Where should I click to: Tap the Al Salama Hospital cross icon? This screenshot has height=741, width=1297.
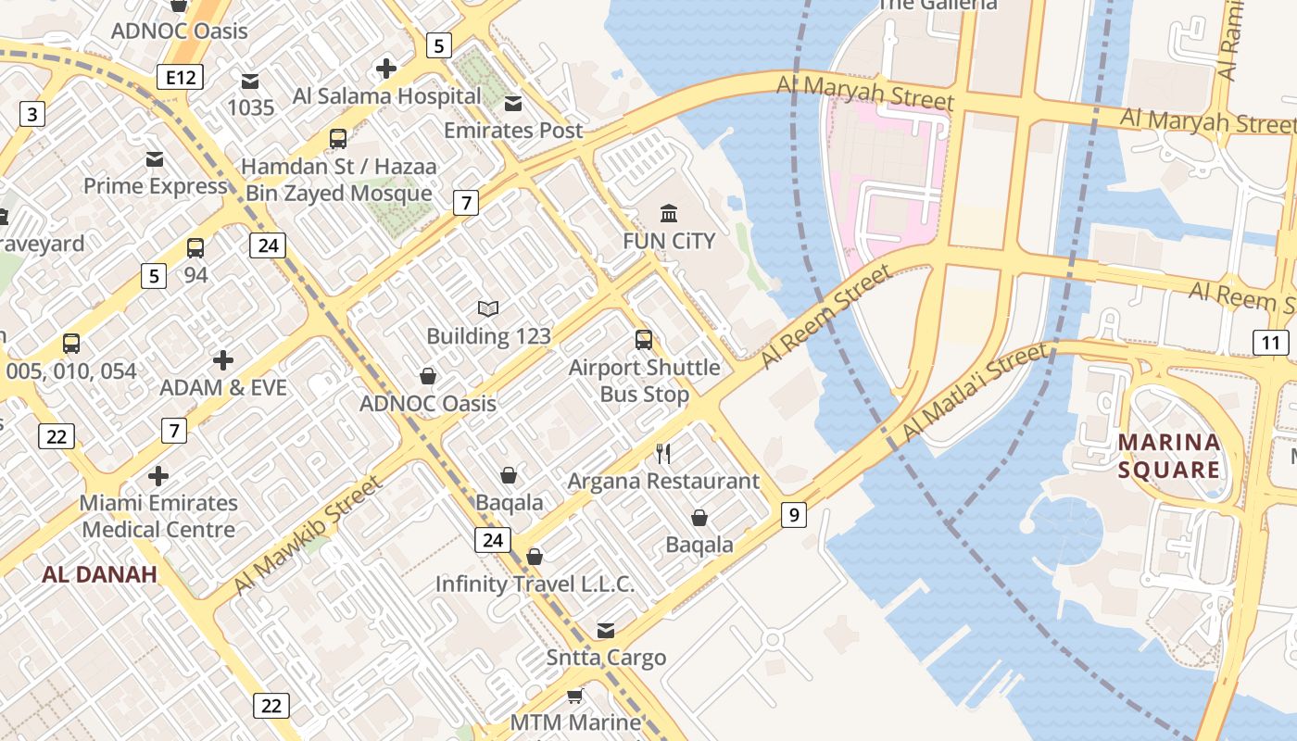point(386,69)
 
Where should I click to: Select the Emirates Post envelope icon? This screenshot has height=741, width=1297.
point(513,103)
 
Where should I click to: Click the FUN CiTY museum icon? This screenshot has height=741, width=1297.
point(669,214)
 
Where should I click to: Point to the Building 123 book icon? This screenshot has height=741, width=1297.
point(488,308)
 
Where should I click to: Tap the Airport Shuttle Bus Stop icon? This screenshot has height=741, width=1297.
point(644,340)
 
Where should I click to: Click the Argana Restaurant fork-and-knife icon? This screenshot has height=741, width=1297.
point(663,453)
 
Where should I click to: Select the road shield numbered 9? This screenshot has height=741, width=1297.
point(794,514)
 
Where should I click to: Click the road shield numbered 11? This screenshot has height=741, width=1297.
point(1271,343)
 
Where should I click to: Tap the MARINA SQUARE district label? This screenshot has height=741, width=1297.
point(1168,456)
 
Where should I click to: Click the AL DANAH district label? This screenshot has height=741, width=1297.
point(99,574)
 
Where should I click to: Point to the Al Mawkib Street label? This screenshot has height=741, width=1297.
point(308,535)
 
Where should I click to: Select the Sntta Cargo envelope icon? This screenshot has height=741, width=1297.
point(606,631)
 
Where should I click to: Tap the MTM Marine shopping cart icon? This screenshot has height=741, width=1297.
point(575,696)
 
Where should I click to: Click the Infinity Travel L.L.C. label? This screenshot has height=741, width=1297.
point(535,584)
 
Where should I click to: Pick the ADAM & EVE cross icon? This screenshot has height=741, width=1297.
point(223,359)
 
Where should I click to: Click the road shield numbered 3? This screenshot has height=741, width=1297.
point(32,115)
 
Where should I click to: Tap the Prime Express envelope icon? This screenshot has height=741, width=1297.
point(155,159)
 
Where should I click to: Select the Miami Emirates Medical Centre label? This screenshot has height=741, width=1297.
point(158,517)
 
